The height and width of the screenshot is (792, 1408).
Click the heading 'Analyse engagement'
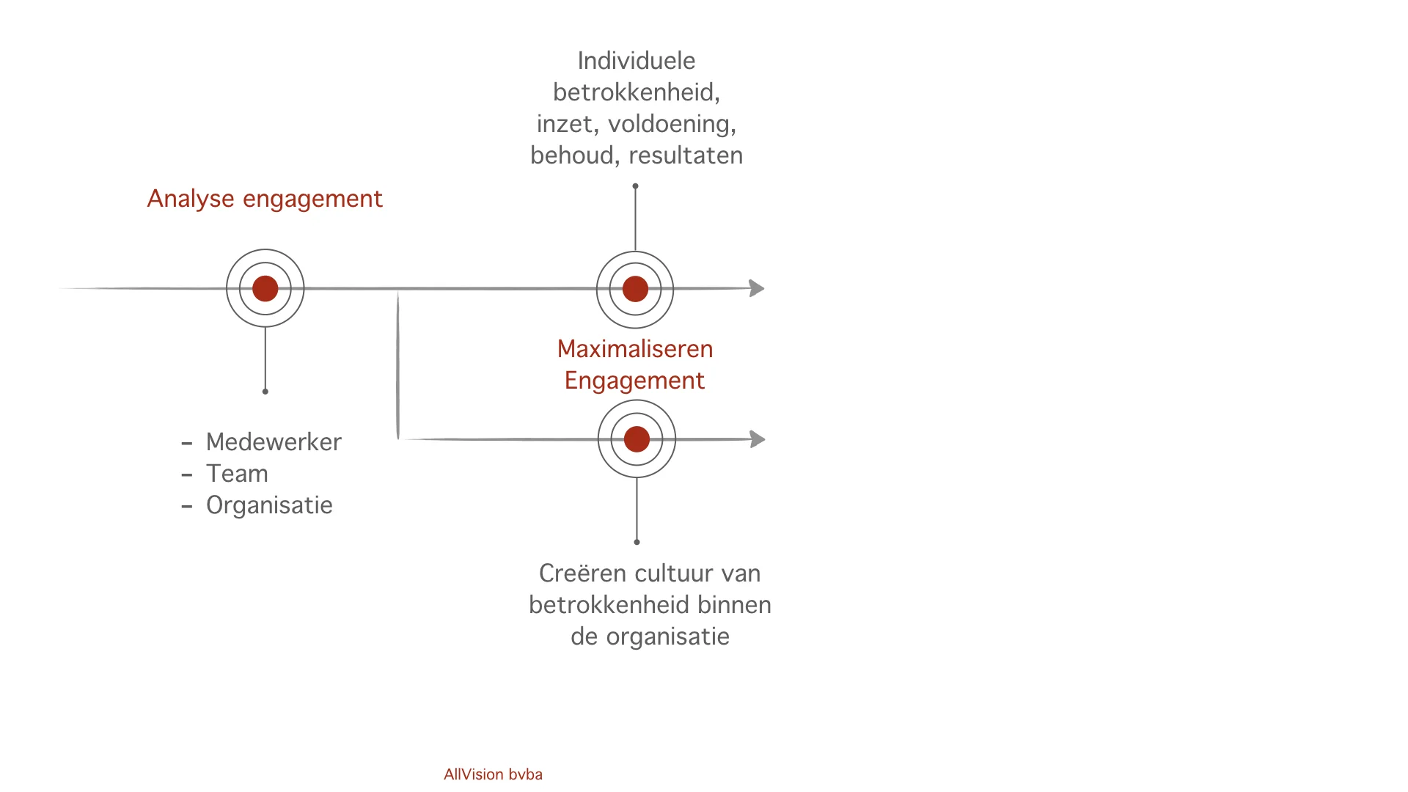coord(265,199)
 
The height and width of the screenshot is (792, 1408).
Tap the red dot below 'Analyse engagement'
coord(265,289)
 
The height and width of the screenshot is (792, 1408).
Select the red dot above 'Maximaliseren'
coord(635,289)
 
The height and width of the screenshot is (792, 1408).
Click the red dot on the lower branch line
coord(637,439)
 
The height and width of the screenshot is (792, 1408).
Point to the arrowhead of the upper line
coord(757,288)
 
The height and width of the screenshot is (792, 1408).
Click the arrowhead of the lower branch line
coord(758,439)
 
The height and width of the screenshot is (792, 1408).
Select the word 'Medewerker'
coord(274,442)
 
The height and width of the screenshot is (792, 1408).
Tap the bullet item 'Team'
coord(237,474)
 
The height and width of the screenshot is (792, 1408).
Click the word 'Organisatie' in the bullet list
coord(269,505)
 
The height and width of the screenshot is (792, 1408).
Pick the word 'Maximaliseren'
coord(635,349)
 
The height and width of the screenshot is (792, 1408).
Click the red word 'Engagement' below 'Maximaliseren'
coord(634,381)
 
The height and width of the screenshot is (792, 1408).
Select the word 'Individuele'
coord(637,61)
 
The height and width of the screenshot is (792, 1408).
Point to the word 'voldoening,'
coord(672,124)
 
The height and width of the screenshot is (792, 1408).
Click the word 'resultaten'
coord(686,155)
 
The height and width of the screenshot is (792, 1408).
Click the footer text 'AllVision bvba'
coord(493,774)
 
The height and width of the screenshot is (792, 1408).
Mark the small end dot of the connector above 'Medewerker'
coord(265,392)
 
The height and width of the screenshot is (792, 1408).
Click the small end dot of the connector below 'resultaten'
coord(635,186)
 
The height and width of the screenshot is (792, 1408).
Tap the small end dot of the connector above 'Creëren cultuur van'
coord(637,542)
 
